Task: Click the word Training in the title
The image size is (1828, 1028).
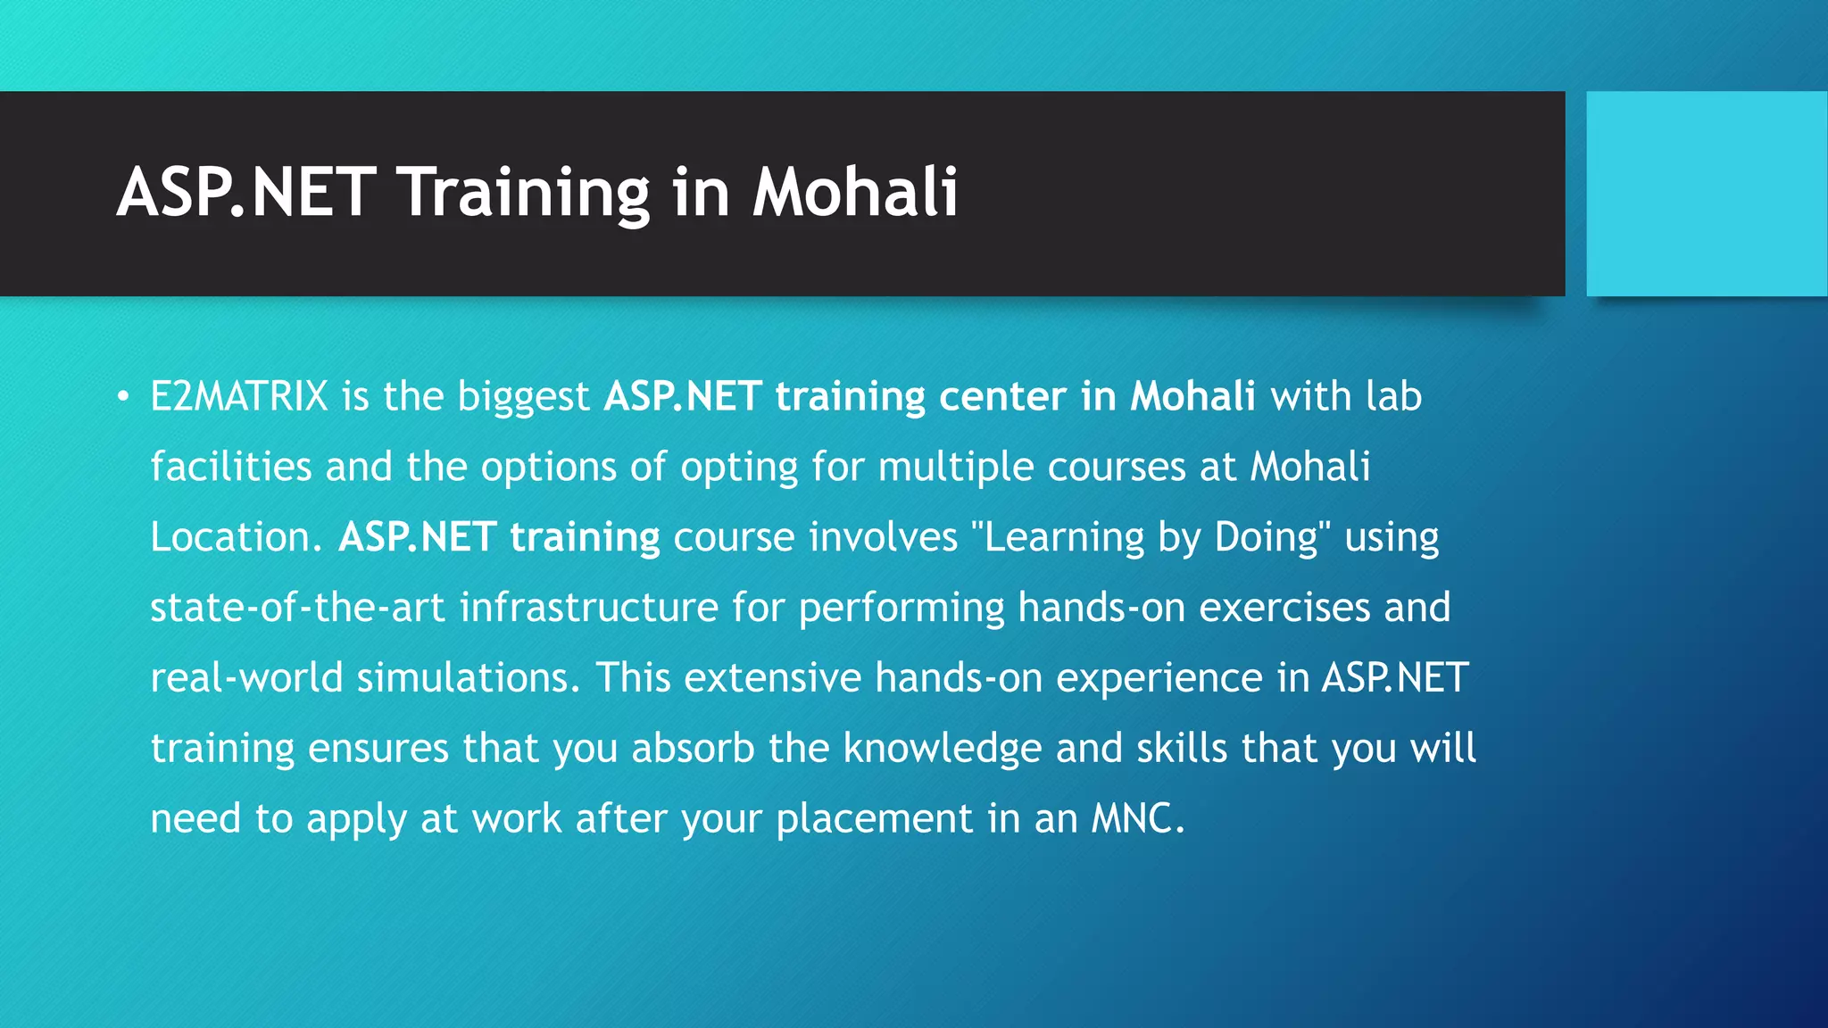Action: [523, 193]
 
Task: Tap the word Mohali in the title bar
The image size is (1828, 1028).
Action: [854, 193]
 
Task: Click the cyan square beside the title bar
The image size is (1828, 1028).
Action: [1706, 194]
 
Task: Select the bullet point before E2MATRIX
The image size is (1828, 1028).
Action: [123, 397]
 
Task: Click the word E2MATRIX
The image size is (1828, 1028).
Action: [239, 397]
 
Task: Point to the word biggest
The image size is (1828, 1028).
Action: [523, 397]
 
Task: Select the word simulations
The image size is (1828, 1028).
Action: [462, 678]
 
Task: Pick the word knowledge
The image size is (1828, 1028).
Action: [942, 749]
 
